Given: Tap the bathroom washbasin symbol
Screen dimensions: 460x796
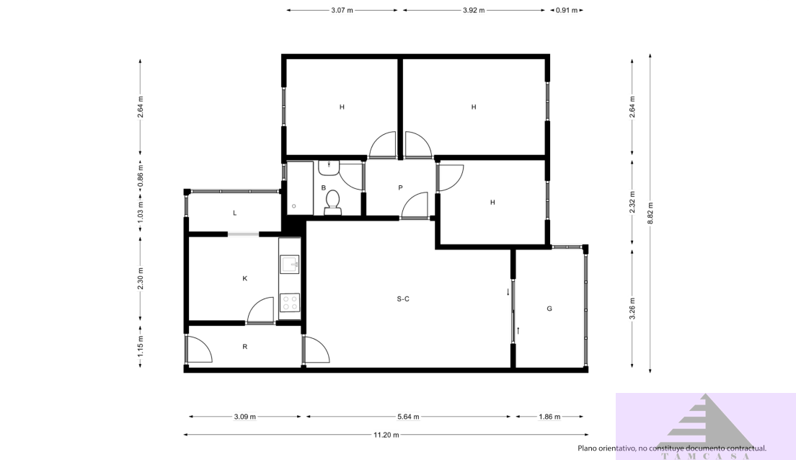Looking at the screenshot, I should tap(329, 167).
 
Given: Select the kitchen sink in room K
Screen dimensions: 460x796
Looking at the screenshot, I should tap(290, 264).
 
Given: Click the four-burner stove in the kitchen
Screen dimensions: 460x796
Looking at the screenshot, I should tap(290, 303).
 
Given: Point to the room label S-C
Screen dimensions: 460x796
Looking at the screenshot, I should tap(403, 298).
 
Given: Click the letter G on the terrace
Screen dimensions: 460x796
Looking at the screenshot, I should tap(549, 309).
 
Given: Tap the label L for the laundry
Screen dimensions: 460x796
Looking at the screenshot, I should tap(235, 213).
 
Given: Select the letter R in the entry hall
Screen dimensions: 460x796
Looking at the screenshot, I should tap(245, 347).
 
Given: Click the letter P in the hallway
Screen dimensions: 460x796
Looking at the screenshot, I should tap(400, 188).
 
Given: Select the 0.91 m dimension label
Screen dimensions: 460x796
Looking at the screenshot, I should tap(567, 11).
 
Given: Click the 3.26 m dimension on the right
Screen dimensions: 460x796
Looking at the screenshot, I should tap(632, 309).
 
